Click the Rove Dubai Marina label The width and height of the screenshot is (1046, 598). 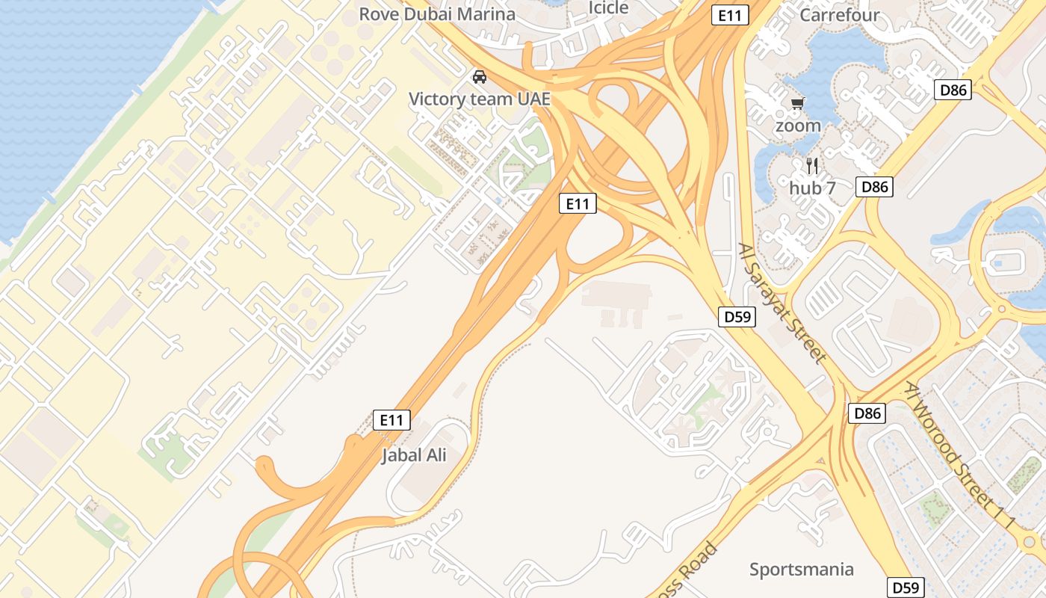(437, 14)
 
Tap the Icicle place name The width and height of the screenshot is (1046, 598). (609, 7)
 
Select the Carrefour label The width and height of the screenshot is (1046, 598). (840, 14)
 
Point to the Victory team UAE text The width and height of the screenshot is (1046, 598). (480, 99)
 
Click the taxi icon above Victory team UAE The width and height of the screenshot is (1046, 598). (480, 76)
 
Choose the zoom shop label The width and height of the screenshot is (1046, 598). (798, 126)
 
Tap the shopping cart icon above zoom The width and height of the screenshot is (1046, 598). (798, 103)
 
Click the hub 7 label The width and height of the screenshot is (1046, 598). (812, 188)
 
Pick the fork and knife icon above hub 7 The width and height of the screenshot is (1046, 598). (812, 165)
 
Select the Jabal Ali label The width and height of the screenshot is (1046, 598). (414, 454)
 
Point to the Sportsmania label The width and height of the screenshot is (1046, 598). (801, 570)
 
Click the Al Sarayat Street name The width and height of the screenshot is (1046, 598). (782, 302)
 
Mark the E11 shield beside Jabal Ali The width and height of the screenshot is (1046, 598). (392, 420)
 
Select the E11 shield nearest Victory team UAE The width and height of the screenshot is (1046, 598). (578, 203)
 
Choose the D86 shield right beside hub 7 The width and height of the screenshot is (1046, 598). (874, 187)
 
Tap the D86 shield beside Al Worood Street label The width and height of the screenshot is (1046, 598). (867, 413)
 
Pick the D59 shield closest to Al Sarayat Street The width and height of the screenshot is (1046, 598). (737, 317)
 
